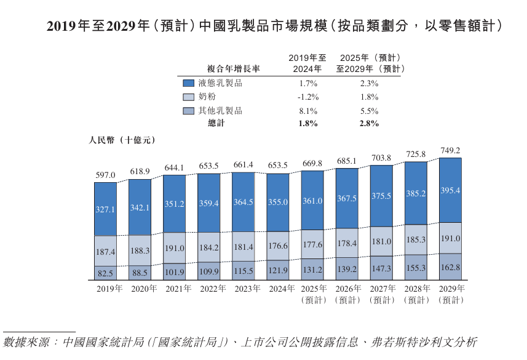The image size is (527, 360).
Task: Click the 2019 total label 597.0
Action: pos(105,175)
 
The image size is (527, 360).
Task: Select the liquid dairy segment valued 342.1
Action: pos(140,207)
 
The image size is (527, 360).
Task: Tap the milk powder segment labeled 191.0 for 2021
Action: pos(174,248)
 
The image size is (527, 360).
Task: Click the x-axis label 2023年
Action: pos(244,289)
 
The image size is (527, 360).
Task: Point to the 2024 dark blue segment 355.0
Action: pos(278,202)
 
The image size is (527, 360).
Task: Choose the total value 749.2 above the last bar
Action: pos(450,150)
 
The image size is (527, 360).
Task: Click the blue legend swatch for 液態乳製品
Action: pos(189,82)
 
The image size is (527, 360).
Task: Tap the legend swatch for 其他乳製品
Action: pos(189,111)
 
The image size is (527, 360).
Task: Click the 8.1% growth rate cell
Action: pos(307,111)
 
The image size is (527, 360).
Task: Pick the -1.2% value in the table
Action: pos(307,97)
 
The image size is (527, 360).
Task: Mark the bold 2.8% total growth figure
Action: pos(368,124)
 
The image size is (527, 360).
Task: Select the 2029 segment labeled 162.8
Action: pos(450,268)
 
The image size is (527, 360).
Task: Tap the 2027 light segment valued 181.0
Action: pos(381,242)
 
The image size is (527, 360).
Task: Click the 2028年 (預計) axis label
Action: pos(416,294)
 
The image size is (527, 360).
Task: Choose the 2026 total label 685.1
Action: pos(347,161)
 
